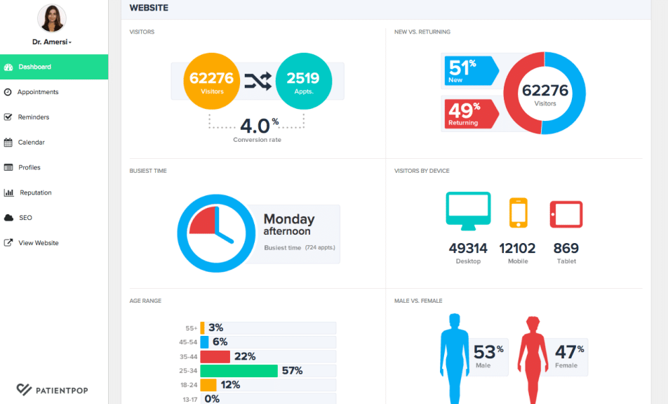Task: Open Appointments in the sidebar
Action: (38, 92)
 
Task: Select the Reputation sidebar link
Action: (35, 193)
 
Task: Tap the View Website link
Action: (39, 243)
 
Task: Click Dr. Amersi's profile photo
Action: (52, 18)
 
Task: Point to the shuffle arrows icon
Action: (258, 82)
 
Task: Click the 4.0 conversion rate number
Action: (255, 126)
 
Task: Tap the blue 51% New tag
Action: (469, 71)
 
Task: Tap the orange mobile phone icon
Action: (518, 213)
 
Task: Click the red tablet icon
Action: (566, 214)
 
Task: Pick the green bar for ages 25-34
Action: (239, 370)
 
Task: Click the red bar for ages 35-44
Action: (215, 356)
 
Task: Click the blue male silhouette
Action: (453, 358)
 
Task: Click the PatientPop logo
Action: (53, 389)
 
